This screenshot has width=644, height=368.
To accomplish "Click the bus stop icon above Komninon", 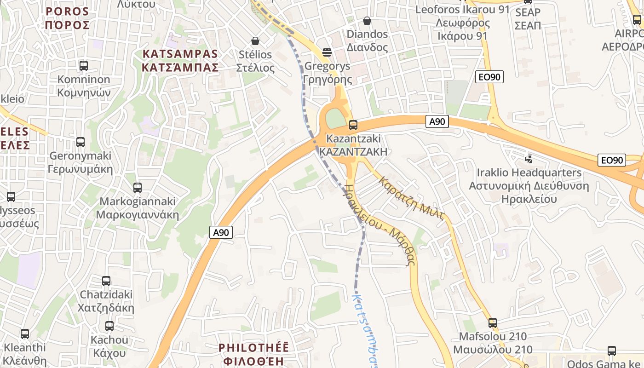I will click(x=83, y=66).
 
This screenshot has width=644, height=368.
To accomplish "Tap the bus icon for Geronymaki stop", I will click(x=80, y=142).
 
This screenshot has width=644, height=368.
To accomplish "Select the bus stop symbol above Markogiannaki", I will click(x=137, y=188).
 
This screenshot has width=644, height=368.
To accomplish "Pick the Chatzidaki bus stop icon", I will click(x=106, y=281).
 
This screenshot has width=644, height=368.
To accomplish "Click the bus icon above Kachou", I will click(x=109, y=326).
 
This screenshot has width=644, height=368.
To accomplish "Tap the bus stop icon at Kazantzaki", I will click(x=353, y=125).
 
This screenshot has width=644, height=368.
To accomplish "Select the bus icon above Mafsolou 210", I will click(x=493, y=323).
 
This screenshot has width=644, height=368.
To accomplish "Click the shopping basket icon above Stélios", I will click(x=255, y=41).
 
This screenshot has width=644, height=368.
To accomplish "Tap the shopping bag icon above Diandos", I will click(x=367, y=21).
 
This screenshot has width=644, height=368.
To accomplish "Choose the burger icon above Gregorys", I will click(x=327, y=52).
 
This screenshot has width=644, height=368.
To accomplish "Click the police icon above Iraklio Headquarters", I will click(x=529, y=159).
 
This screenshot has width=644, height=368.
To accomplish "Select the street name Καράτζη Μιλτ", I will click(x=411, y=198).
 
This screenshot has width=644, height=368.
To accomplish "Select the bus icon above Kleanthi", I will click(x=25, y=334).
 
